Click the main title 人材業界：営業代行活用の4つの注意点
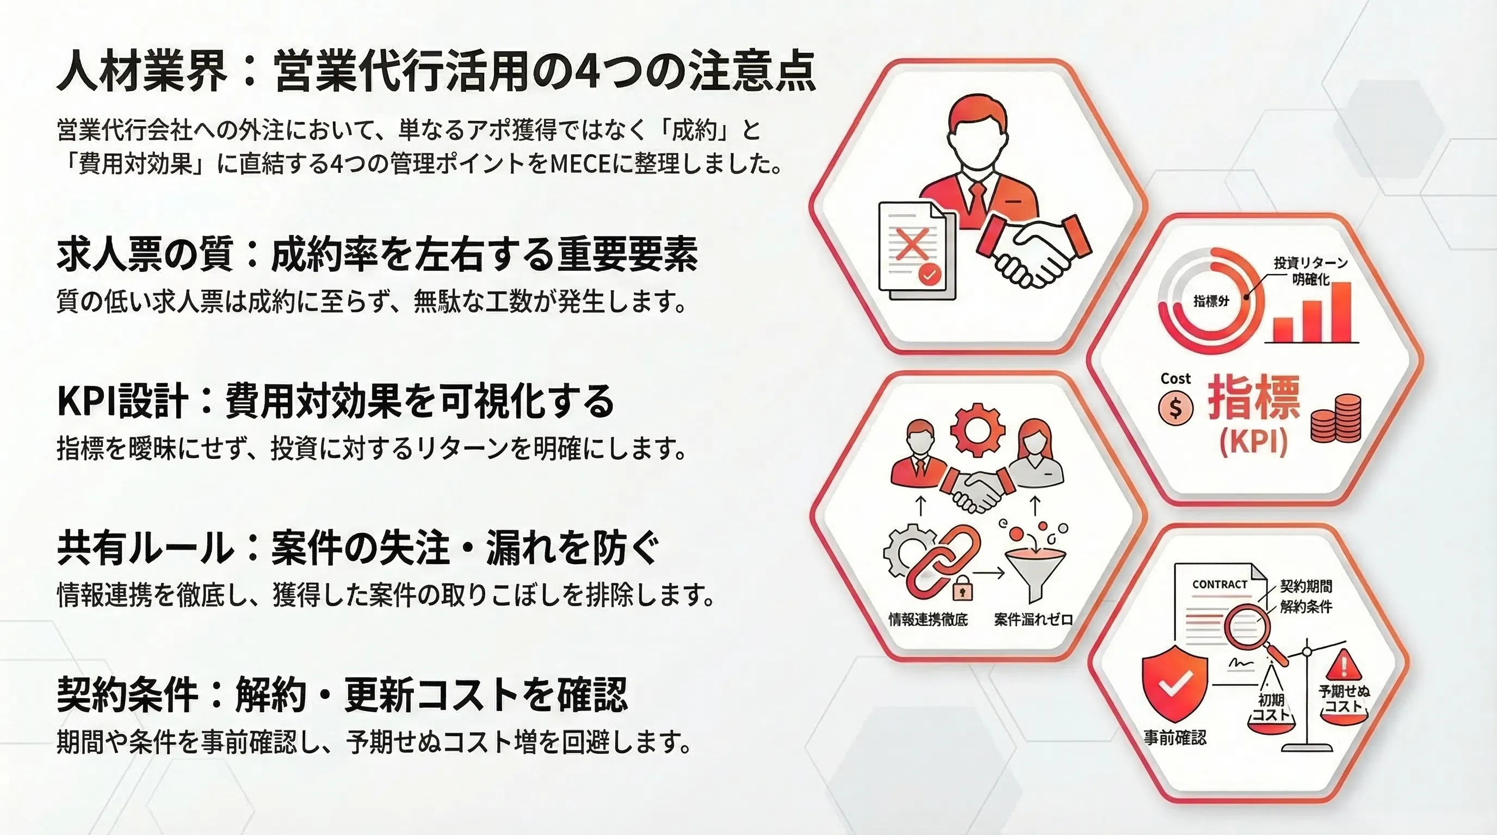(x=436, y=73)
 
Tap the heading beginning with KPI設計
(x=336, y=401)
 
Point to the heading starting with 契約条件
(x=342, y=695)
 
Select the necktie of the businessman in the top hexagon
(x=978, y=201)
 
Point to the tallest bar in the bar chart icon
(x=1339, y=312)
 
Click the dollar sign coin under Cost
(x=1176, y=408)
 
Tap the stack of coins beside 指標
(x=1336, y=418)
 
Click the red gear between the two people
(x=977, y=430)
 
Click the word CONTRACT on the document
(x=1220, y=584)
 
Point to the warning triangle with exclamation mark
(x=1344, y=664)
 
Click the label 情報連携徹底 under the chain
(x=928, y=620)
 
